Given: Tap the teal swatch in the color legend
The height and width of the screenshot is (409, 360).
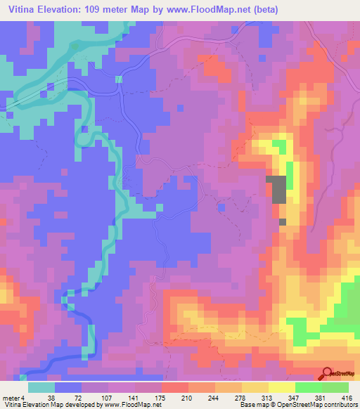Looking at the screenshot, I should point(42,387).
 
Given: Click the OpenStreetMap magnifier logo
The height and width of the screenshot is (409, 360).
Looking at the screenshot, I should point(326,372).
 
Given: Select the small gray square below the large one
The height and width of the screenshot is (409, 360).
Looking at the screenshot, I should point(283,222).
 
